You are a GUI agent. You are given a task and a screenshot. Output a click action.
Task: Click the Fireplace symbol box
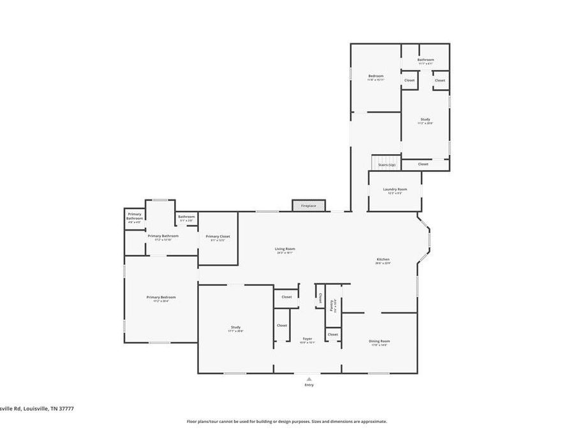coord(309,206)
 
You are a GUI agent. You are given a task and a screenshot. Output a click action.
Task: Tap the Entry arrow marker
coord(309,378)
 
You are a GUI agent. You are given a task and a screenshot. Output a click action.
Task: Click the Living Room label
coord(285,249)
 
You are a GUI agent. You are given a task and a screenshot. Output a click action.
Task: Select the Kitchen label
coord(383,259)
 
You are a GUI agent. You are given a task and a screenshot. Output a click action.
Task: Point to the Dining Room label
coord(379,341)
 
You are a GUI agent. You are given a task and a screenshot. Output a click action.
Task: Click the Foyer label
coord(308,340)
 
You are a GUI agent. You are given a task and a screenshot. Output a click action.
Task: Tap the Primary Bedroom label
coord(161,297)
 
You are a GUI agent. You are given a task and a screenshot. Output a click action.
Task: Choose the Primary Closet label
coord(218,236)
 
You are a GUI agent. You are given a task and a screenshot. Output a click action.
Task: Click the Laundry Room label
coord(395,189)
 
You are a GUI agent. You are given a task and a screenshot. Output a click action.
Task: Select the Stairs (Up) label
coord(387,165)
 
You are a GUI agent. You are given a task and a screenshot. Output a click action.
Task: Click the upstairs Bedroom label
coord(376,76)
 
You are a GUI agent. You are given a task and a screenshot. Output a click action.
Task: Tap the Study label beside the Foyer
coord(236,327)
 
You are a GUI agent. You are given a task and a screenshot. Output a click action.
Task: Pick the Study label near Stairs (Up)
coord(425,120)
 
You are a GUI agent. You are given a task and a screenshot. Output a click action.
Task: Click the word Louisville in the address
coord(34,408)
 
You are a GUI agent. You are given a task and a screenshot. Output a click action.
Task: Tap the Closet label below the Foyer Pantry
coord(332,334)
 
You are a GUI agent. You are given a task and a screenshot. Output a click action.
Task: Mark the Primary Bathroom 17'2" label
coord(163,236)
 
